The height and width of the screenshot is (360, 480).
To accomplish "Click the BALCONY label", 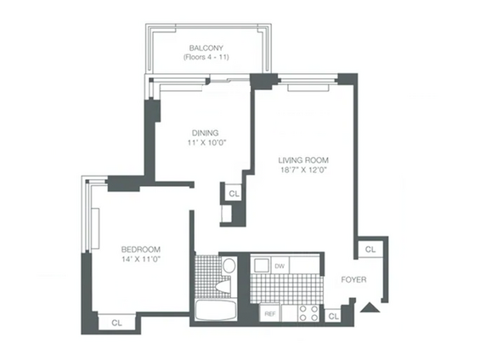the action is (206, 48).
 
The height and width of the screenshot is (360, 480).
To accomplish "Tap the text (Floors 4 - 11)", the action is (206, 57).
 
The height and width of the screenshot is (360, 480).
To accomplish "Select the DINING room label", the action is (205, 132).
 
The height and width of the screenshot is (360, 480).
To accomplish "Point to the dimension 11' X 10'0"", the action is (206, 143).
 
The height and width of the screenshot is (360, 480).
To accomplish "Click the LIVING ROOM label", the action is (303, 160).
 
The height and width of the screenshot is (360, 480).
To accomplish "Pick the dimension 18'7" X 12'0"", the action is (304, 170).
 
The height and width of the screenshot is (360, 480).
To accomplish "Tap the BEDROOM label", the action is (141, 250).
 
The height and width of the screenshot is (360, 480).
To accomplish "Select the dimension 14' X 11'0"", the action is (141, 259).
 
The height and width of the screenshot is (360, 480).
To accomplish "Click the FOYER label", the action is (353, 279).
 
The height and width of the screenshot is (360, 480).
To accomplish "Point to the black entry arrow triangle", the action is (370, 307).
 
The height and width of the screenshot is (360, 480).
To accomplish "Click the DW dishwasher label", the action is (280, 266).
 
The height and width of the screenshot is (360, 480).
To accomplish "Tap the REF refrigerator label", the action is (270, 314).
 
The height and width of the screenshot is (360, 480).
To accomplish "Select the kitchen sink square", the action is (261, 265).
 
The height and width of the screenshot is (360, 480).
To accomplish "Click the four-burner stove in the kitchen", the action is (308, 313).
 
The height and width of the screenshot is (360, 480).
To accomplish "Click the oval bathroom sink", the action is (229, 266).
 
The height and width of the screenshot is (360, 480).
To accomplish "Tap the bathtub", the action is (216, 310).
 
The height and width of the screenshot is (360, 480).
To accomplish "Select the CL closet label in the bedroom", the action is (116, 323).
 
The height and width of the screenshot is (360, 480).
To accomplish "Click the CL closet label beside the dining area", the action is (234, 194).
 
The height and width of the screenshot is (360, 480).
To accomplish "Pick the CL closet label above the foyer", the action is (370, 250).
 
